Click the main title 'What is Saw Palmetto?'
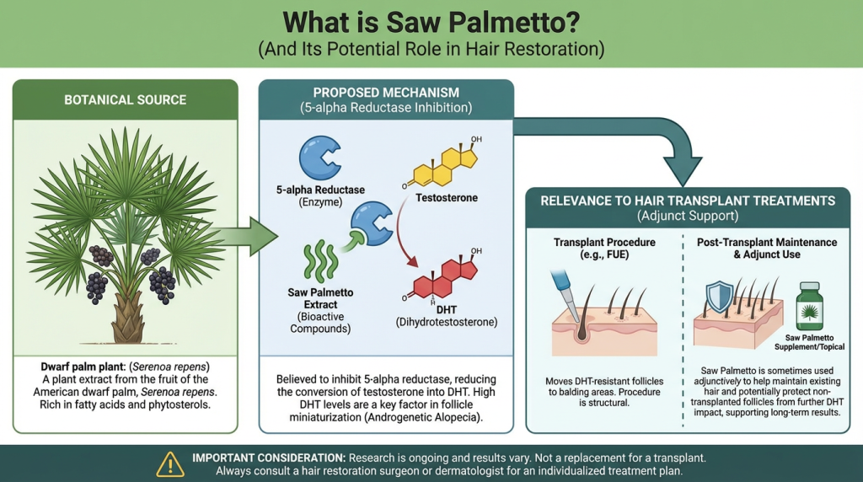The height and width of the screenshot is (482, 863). pos(431,21)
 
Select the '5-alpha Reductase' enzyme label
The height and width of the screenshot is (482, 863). pos(319,190)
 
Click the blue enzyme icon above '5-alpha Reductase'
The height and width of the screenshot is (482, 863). pos(319,155)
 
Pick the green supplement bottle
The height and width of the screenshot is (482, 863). pos(809,306)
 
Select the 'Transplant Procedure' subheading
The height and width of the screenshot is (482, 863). pos(604,242)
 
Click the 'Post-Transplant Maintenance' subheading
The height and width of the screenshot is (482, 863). pos(767,242)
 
